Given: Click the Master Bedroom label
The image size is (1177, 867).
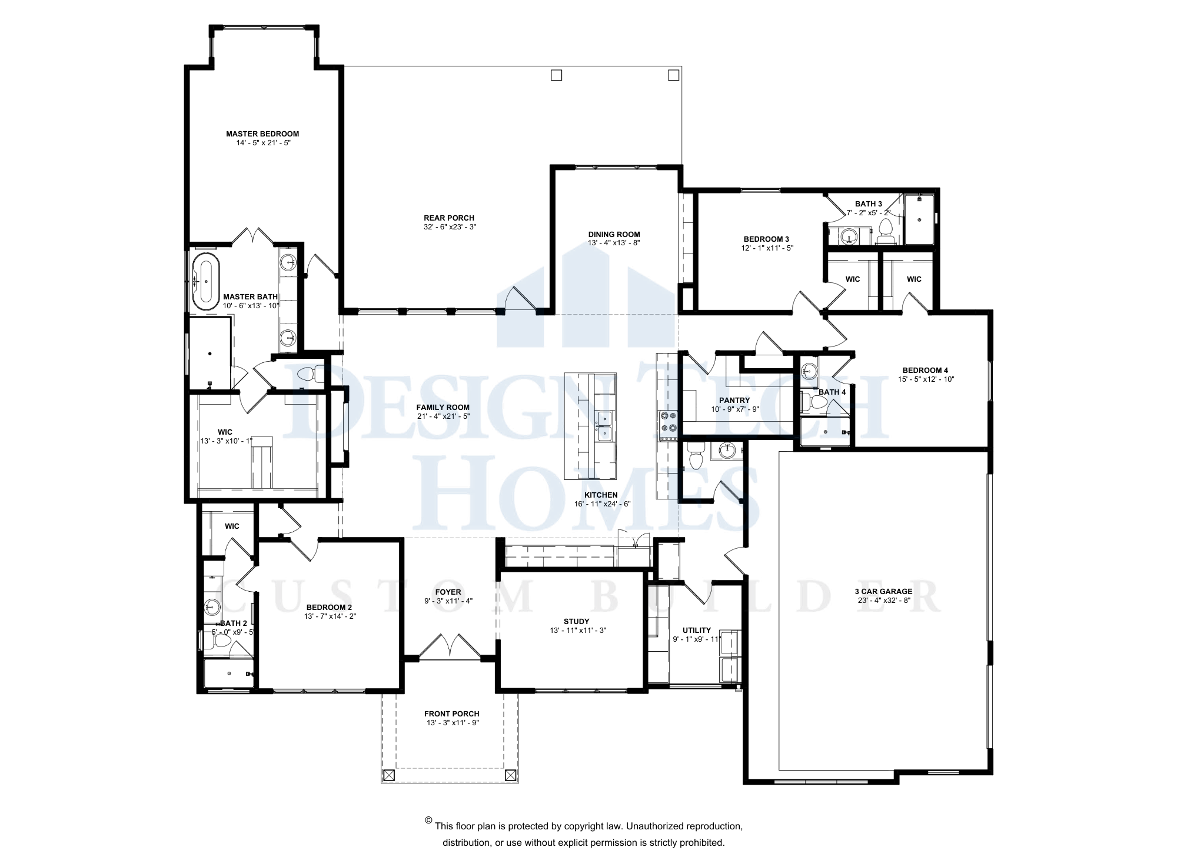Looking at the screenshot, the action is point(262,134).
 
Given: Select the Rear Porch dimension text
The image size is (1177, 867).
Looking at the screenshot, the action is point(450,227).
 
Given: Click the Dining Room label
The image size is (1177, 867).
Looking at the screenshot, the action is point(614,234).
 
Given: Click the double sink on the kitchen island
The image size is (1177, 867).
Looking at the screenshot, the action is point(604,426).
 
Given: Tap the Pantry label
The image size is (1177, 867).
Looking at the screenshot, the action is point(734,401).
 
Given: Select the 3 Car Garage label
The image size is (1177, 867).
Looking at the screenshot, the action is point(884,592).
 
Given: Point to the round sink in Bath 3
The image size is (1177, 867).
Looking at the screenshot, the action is point(848,236).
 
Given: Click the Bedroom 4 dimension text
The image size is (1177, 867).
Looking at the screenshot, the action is point(926,379).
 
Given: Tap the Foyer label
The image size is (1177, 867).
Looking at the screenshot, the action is point(448,592).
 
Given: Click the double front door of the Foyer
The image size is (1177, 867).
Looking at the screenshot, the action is point(450,646).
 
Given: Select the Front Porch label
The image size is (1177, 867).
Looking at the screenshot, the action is point(452,714).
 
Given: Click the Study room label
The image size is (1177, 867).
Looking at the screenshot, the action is point(577,621).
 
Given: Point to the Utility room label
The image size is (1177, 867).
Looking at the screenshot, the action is point(697,631).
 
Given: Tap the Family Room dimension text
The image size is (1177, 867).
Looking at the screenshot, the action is point(443,416).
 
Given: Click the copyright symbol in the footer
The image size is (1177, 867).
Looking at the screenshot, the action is point(428,820).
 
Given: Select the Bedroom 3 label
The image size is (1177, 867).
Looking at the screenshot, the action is point(766,239).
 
